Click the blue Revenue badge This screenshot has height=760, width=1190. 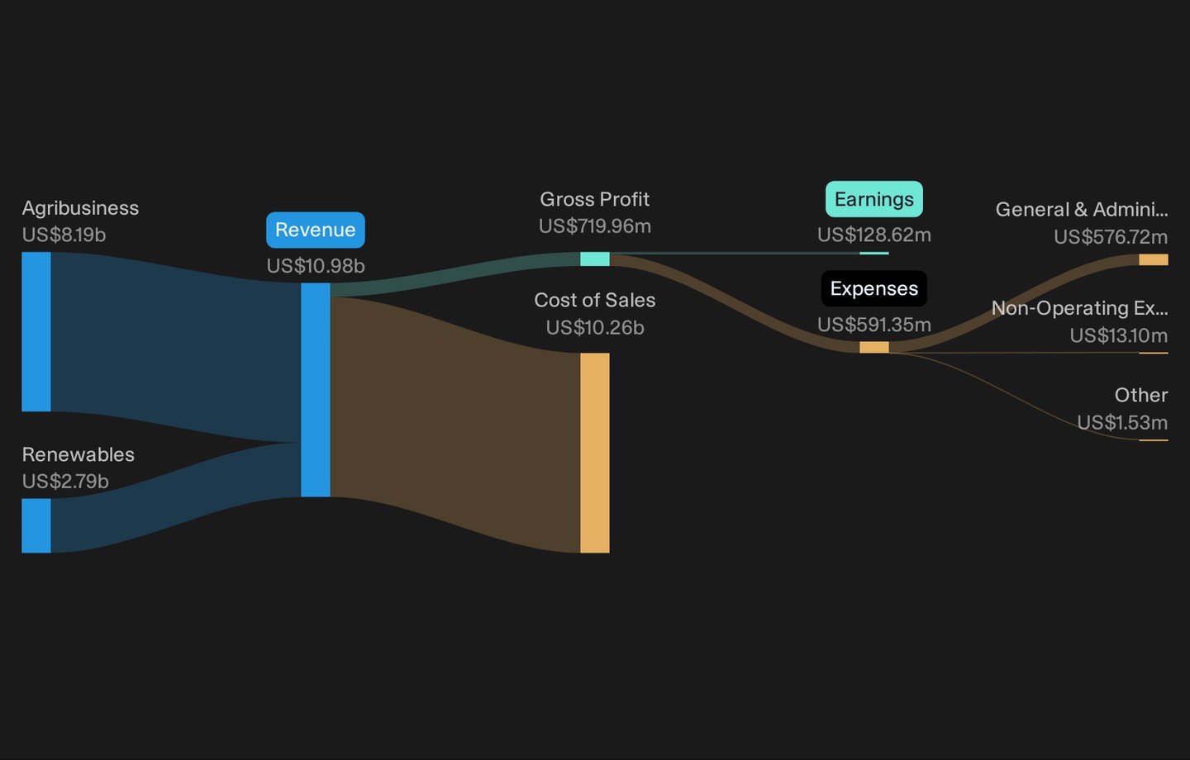[x=316, y=230]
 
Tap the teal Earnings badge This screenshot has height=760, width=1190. [x=874, y=199]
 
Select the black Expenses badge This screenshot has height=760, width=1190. [x=874, y=288]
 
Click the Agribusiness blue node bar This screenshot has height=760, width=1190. [x=36, y=332]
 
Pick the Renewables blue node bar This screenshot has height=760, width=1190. [x=36, y=525]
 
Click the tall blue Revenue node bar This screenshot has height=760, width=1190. [x=316, y=390]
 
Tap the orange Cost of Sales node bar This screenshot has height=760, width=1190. [x=595, y=453]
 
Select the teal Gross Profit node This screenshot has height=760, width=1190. [x=595, y=259]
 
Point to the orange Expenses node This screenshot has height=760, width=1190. [x=874, y=347]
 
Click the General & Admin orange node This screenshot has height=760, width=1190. [x=1154, y=259]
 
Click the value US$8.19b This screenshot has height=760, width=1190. [x=64, y=235]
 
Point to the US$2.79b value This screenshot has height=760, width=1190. [x=65, y=481]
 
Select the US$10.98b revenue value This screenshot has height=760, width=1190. [x=316, y=266]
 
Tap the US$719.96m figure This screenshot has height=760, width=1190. [x=595, y=226]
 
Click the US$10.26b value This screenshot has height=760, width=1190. [x=595, y=328]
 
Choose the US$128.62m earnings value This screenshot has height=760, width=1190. [x=874, y=235]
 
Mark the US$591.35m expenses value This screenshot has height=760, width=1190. [x=874, y=325]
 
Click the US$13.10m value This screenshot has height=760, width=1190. [x=1119, y=335]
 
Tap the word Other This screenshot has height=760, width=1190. [x=1141, y=395]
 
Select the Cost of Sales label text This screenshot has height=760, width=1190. [x=595, y=300]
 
